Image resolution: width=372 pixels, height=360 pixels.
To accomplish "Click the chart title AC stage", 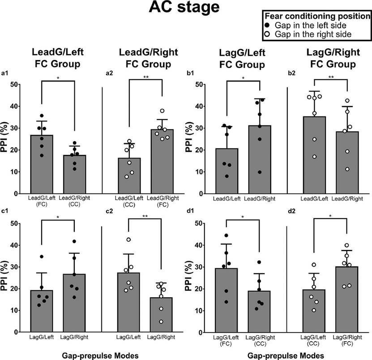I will tap(186, 9).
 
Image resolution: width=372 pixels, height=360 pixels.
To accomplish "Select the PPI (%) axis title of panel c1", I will tap(6, 267).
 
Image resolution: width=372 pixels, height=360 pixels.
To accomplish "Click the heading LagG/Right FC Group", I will tap(331, 59).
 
